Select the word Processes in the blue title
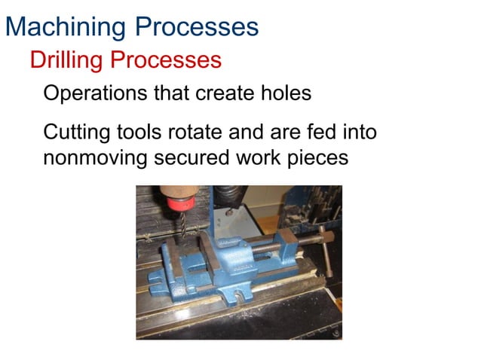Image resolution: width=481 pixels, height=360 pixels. [x=198, y=27]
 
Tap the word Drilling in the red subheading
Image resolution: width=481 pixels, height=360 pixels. [x=66, y=59]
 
